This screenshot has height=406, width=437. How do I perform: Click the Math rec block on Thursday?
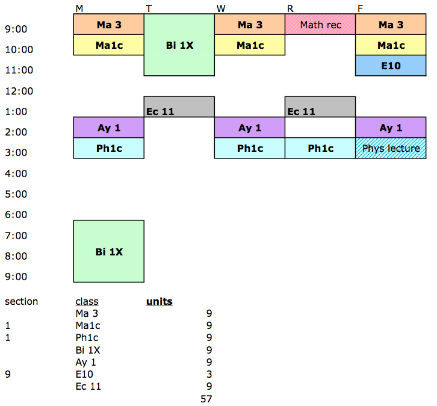click(x=320, y=25)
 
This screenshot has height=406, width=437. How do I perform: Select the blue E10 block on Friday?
click(x=391, y=66)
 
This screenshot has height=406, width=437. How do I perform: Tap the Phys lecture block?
click(x=391, y=148)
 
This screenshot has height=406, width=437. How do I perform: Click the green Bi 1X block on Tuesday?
click(x=179, y=45)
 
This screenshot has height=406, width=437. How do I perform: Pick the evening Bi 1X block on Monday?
click(x=109, y=252)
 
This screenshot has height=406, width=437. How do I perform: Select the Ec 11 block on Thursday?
click(x=320, y=107)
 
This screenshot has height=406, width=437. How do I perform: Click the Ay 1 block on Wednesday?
click(x=250, y=128)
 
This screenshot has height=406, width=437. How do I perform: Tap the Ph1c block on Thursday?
click(x=320, y=148)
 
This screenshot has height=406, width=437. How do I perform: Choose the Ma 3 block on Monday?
click(x=109, y=25)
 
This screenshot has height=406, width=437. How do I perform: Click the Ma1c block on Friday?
click(x=391, y=45)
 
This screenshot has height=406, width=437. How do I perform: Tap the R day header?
click(x=291, y=8)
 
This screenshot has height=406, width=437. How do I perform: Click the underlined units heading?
click(x=160, y=301)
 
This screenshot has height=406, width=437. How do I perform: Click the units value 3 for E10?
click(x=208, y=374)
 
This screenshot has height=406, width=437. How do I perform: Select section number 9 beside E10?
click(x=8, y=374)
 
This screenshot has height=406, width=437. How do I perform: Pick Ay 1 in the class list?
click(x=85, y=362)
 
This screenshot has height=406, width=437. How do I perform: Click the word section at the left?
click(x=21, y=301)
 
